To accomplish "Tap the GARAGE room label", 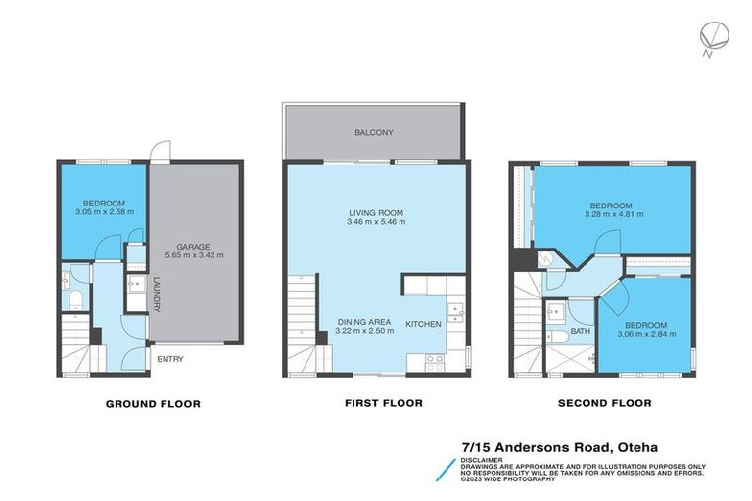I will [x=194, y=248].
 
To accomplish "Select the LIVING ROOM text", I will [x=376, y=212].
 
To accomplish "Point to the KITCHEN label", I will [x=424, y=323].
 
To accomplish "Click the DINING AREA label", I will [x=365, y=322].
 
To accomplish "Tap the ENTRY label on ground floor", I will [x=170, y=359].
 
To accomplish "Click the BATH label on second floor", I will [x=581, y=332].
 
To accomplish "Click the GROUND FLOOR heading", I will [x=153, y=403].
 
